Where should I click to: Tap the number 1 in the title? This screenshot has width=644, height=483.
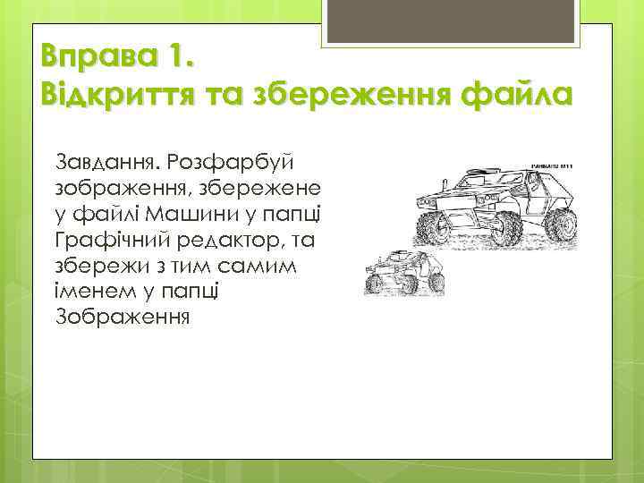(174, 62)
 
